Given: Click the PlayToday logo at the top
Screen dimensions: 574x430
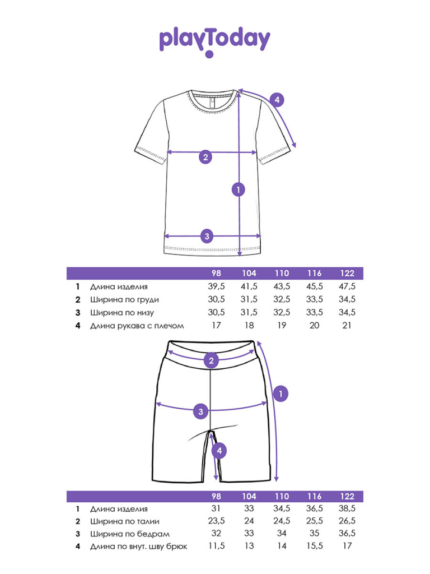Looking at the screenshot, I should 215,40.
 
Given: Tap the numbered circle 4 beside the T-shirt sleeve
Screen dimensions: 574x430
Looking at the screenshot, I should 277,101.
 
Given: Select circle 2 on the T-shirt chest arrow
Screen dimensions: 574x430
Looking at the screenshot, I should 205,157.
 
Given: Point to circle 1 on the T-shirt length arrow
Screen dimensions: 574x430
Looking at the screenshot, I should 239,189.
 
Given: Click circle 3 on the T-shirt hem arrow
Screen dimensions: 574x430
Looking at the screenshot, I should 207,236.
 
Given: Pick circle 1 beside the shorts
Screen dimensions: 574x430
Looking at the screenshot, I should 281,394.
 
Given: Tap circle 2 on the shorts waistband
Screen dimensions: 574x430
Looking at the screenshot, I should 211,360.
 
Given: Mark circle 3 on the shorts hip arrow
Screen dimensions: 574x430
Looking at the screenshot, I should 201,412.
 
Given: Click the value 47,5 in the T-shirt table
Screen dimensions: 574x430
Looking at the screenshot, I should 347,286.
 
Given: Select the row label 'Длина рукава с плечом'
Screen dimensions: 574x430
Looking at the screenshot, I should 137,325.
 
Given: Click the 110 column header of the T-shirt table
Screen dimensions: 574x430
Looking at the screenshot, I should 282,274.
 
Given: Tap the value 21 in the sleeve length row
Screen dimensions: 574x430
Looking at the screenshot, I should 347,325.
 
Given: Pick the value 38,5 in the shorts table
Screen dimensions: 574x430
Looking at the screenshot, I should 347,508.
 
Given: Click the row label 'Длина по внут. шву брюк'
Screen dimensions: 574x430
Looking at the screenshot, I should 138,547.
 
